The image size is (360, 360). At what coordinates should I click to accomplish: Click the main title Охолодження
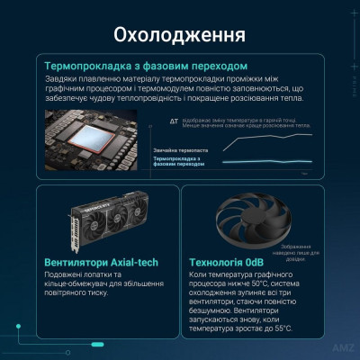tap(180, 37)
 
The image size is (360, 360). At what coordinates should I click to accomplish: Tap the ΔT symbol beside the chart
tap(173, 120)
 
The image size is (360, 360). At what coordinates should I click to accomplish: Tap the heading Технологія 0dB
tap(232, 262)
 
